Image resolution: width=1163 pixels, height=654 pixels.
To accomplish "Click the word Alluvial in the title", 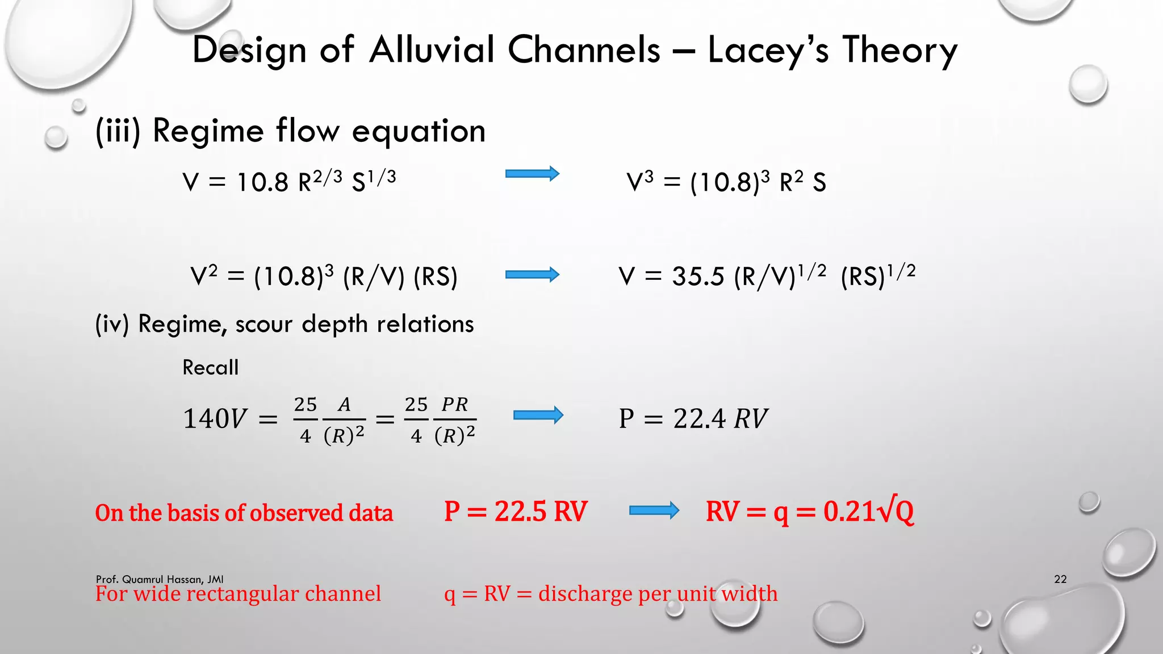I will tap(432, 49).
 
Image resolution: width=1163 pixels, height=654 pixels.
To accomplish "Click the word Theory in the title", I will tap(900, 50).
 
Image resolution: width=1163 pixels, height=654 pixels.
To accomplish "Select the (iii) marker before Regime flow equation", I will tap(118, 131).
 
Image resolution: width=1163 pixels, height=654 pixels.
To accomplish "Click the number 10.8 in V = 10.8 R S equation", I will tap(262, 183).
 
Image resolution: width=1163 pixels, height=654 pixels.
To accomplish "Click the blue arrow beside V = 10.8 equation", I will tap(532, 174).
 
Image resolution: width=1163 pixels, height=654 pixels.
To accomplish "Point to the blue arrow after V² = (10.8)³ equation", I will tap(532, 275).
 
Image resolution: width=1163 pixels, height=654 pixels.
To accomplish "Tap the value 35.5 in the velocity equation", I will tap(698, 277).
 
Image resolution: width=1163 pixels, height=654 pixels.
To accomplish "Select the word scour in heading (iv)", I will tap(263, 324).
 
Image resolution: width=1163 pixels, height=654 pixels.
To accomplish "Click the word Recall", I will tap(210, 368).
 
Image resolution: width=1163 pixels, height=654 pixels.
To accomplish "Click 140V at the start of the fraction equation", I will tap(215, 419).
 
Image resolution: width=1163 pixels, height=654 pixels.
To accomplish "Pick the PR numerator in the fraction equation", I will tap(454, 405).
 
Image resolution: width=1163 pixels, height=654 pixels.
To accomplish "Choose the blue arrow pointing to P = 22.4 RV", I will tap(538, 416).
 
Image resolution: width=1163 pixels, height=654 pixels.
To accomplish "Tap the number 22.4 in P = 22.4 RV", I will tap(699, 419).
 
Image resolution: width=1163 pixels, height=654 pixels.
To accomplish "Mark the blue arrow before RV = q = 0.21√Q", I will tap(654, 511).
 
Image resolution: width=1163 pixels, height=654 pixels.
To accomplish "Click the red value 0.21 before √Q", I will tap(848, 512).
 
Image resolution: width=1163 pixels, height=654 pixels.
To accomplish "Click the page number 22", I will tap(1060, 579).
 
